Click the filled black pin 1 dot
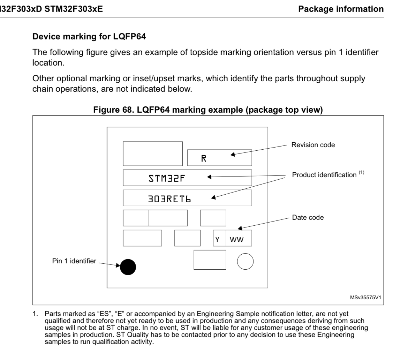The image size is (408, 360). coord(128,267)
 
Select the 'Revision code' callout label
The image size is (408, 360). coord(313,145)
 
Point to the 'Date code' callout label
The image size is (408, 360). coord(308,217)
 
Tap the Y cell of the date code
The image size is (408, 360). coord(218,240)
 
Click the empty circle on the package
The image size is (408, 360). coord(245,261)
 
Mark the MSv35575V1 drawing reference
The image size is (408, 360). coord(365,298)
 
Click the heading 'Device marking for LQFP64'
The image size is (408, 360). coord(89,37)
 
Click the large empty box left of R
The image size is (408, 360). coord(153,153)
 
